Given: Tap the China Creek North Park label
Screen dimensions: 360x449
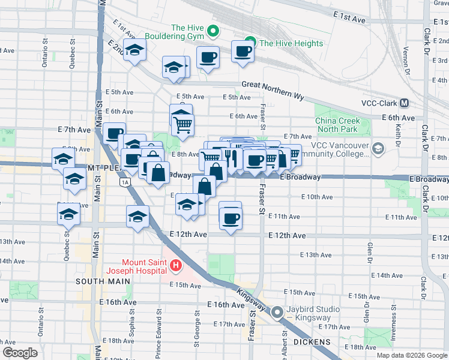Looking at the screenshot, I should pos(337,125).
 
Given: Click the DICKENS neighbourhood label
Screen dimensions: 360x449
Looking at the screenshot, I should pos(312,341).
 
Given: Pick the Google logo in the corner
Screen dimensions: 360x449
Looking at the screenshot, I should pos(20,352).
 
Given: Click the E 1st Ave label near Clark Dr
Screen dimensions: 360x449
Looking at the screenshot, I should pos(348,19).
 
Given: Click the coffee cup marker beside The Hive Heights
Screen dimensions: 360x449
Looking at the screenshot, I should pos(243,52).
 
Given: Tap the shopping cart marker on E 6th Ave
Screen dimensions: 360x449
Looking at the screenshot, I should pos(182,125).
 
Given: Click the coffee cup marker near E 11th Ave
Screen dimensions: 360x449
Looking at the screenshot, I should pos(230,218).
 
